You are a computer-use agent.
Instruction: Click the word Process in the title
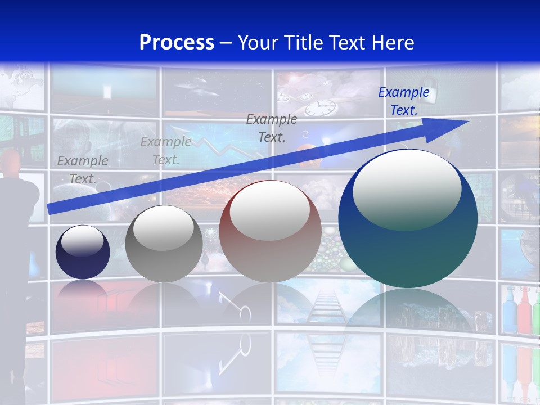pyautogui.click(x=177, y=43)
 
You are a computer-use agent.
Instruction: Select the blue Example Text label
pyautogui.click(x=404, y=101)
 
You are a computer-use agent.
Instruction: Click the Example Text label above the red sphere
pyautogui.click(x=272, y=128)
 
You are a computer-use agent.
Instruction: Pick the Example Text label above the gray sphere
pyautogui.click(x=166, y=150)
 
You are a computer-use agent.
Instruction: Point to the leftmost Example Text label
pyautogui.click(x=83, y=169)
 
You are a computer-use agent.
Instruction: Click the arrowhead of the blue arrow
pyautogui.click(x=456, y=123)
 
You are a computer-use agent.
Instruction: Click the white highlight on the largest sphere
pyautogui.click(x=407, y=190)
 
